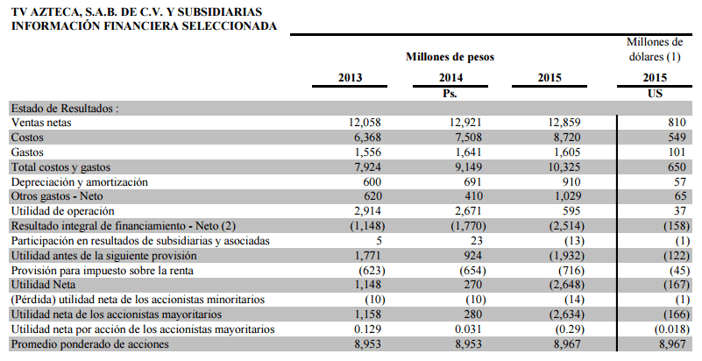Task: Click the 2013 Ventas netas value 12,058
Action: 365,122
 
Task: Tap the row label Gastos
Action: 27,152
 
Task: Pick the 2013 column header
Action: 350,77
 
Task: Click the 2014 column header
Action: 450,77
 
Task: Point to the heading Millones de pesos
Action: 450,57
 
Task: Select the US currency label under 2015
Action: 655,93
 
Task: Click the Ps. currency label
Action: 450,94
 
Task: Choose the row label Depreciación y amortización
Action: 79,182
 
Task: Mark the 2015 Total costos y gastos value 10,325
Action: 564,166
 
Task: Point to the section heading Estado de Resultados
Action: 65,109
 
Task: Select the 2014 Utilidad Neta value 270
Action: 473,285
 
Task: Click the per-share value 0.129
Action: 367,329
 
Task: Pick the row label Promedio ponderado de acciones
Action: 90,344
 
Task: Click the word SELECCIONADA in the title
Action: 229,25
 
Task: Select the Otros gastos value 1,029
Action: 567,196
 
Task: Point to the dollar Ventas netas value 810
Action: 677,122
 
